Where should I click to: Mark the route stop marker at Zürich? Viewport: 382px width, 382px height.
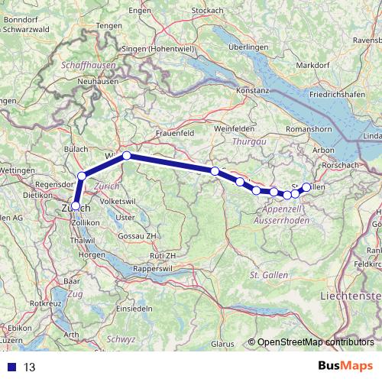tap(75, 205)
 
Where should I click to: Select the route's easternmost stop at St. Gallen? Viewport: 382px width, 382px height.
tap(307, 186)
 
